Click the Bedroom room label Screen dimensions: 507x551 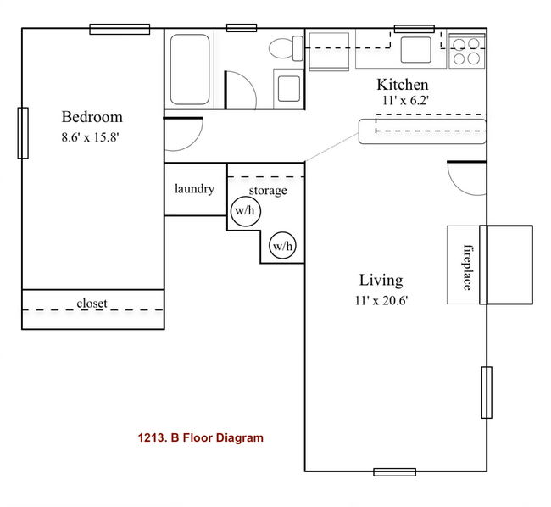click(92, 117)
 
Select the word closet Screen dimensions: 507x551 click(92, 304)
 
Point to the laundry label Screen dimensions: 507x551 click(194, 189)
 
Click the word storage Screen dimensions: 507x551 click(267, 191)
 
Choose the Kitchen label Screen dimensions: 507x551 click(402, 85)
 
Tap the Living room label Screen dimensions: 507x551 click(381, 280)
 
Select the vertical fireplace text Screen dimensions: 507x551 click(466, 266)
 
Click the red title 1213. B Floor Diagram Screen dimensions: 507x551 click(200, 438)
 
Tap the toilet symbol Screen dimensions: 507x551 click(284, 47)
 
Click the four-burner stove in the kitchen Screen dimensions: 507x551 click(466, 50)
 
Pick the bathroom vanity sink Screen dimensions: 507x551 click(288, 88)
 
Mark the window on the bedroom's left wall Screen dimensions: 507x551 click(23, 133)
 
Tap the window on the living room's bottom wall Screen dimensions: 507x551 click(394, 471)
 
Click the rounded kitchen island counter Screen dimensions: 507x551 click(421, 131)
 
